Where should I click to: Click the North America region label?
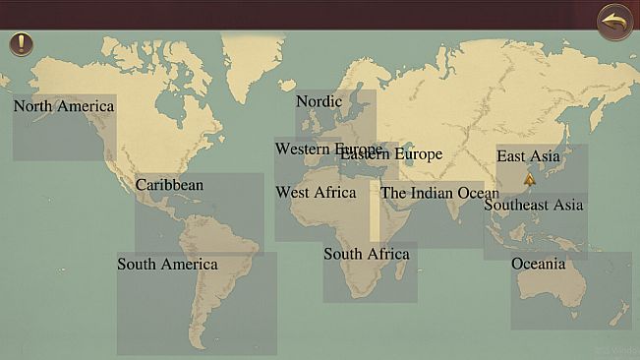coord(64,106)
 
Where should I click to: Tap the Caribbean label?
coord(169,185)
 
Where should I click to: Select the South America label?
coord(167,265)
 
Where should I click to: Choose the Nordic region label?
coord(319,101)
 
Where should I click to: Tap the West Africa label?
coord(316,193)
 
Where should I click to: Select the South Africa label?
coord(366,255)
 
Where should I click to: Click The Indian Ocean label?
coord(439,193)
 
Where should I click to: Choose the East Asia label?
coord(528,156)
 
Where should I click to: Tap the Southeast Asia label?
coord(533,206)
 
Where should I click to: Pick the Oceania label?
coord(538,264)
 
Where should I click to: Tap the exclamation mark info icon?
coord(21,44)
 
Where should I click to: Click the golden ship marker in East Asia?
coord(530,179)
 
